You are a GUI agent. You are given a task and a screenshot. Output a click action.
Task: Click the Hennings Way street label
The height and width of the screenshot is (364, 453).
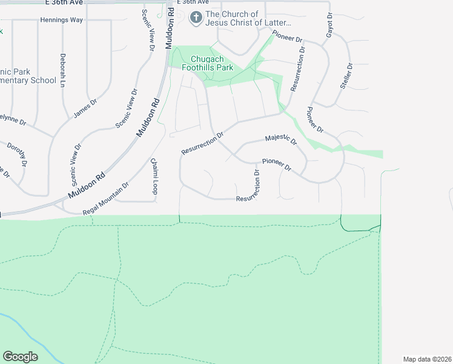[61, 20]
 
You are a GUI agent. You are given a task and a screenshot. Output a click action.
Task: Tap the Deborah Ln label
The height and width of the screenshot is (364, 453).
[62, 70]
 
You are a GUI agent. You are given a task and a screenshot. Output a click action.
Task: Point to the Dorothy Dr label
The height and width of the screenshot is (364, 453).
[17, 154]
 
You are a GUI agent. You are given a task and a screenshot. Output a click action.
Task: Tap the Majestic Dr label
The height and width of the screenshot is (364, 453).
[281, 140]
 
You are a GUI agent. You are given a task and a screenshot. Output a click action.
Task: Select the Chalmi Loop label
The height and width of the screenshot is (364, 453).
[154, 177]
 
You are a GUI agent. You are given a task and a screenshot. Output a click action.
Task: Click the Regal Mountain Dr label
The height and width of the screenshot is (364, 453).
[106, 198]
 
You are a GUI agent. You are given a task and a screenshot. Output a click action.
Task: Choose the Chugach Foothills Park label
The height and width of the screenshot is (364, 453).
[208, 64]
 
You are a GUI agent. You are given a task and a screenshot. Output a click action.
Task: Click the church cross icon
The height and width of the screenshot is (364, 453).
[196, 18]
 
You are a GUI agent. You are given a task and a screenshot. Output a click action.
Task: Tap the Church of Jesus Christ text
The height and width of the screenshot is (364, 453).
[249, 19]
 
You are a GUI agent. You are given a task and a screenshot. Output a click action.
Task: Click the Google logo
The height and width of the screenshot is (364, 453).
[21, 357]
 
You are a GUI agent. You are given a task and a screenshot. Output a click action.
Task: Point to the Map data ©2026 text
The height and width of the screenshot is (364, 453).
[427, 359]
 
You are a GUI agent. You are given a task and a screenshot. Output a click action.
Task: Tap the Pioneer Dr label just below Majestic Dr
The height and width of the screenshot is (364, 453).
[277, 164]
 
